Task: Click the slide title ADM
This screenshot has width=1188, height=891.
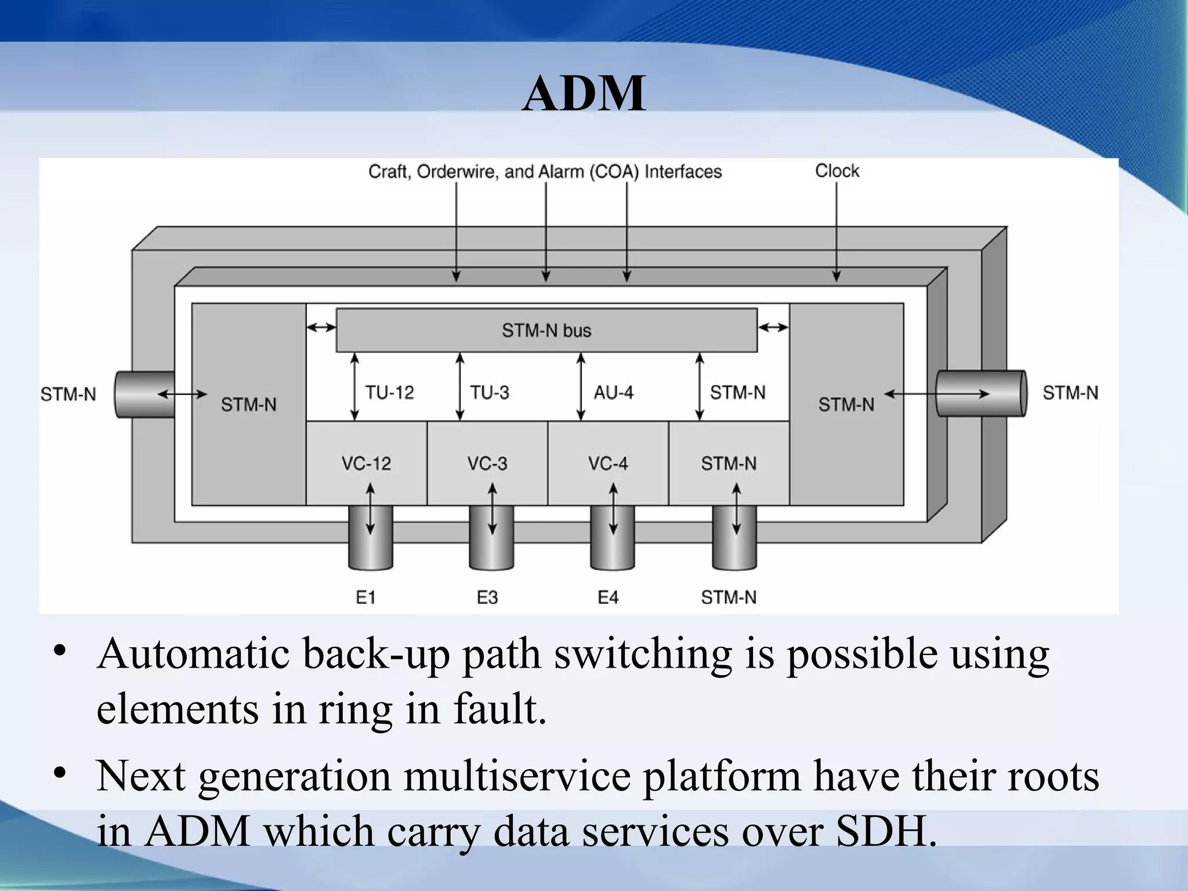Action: [x=584, y=94]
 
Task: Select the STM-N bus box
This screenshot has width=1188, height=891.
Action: [x=546, y=330]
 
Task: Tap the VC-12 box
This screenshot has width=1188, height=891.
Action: [x=366, y=463]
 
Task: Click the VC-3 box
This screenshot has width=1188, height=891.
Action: [x=487, y=463]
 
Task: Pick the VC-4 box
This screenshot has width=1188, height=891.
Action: [x=608, y=463]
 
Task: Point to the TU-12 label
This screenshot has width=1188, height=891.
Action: [x=389, y=393]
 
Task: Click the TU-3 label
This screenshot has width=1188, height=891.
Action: [x=490, y=393]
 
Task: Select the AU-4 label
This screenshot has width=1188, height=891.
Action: [x=613, y=393]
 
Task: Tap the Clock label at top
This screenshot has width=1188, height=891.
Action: [x=836, y=171]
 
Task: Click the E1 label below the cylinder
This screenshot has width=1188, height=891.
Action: [x=365, y=597]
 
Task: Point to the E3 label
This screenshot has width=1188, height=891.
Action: [x=487, y=597]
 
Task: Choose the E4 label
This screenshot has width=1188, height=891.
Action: [x=608, y=597]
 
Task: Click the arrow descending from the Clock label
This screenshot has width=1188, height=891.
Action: [x=836, y=232]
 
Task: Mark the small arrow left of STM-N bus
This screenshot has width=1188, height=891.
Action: [x=321, y=328]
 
